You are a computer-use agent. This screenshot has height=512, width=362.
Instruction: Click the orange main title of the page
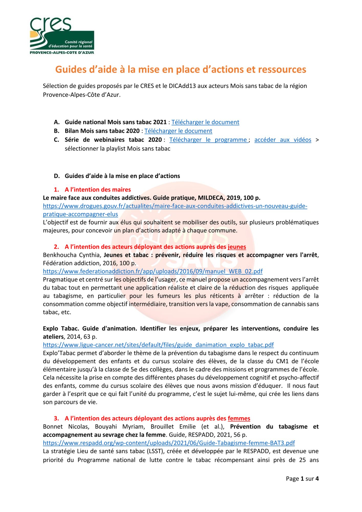pos(181,69)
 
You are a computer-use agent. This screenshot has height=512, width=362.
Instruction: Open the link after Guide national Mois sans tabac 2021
pos(205,122)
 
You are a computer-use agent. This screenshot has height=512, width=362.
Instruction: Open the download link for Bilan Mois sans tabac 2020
pos(178,131)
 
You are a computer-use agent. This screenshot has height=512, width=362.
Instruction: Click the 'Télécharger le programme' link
pos(208,140)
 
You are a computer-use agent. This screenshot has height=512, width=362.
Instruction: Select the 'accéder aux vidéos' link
pos(283,140)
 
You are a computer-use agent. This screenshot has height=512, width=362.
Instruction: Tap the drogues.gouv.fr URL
pos(175,206)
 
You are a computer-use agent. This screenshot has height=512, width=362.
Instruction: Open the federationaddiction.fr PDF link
pos(153,271)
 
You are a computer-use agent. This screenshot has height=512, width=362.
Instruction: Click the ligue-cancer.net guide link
pos(158,345)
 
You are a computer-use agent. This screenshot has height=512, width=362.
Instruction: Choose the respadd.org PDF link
pos(169,443)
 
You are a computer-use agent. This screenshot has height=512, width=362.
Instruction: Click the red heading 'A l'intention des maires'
pos(98,189)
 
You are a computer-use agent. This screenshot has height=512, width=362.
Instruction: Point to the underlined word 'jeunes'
pos(237,247)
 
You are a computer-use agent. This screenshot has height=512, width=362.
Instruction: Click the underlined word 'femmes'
pos(239,418)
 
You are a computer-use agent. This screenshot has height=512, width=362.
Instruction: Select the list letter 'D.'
pos(57,176)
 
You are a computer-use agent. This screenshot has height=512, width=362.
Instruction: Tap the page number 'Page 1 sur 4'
pos(302,478)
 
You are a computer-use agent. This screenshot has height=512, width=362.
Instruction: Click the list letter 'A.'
pos(57,122)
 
